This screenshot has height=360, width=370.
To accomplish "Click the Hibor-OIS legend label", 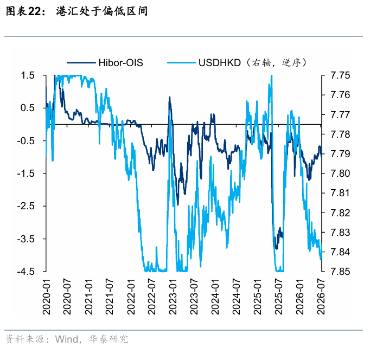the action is tap(120, 63).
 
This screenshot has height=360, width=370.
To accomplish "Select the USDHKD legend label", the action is tap(220, 63).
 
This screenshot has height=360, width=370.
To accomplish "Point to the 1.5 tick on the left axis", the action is tap(28, 75).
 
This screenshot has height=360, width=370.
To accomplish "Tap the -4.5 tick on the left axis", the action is tap(26, 272).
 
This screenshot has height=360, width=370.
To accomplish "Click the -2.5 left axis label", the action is tap(26, 206).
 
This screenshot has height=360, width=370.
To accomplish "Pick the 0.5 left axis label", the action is tap(28, 108).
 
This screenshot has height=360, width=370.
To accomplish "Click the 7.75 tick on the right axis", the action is tap(340, 75).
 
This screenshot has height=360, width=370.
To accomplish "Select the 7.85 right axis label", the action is tap(340, 272).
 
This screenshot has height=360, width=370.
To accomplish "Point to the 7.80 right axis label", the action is tap(340, 173).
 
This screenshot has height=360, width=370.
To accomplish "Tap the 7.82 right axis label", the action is tap(340, 213).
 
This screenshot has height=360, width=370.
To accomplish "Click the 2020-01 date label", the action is tap(47, 297).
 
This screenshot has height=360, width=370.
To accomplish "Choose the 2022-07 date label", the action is tap(152, 297).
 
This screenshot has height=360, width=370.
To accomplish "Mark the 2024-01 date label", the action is tap(215, 297).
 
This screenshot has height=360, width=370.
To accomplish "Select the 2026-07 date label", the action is tap(321, 297).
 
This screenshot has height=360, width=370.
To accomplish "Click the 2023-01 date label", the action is tap(173, 297).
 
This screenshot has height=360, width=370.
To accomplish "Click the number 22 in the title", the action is tap(35, 11).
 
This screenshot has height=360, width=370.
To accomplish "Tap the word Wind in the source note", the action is tap(67, 339).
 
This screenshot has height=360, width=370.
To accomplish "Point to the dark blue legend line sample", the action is tap(81, 63).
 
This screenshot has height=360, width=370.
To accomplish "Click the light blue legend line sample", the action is tap(181, 63).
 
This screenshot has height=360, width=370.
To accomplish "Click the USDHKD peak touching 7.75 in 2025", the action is tap(272, 76).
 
